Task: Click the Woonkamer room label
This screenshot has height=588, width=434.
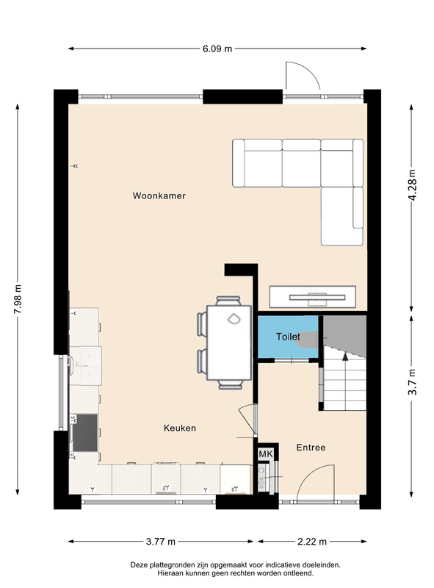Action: (159, 196)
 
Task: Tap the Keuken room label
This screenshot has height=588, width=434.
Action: (179, 428)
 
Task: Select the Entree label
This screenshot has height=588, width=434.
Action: (310, 447)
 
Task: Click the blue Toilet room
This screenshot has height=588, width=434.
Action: (287, 337)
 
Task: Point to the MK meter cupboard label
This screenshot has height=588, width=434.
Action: (265, 454)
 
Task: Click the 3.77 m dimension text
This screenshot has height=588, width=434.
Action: (162, 542)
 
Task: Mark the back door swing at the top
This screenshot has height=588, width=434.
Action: (301, 76)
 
